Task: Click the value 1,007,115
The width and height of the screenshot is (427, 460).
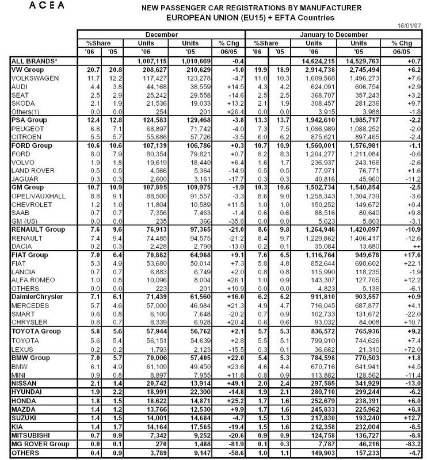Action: [x=155, y=60]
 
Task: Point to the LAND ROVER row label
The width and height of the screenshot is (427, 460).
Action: [x=34, y=170]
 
